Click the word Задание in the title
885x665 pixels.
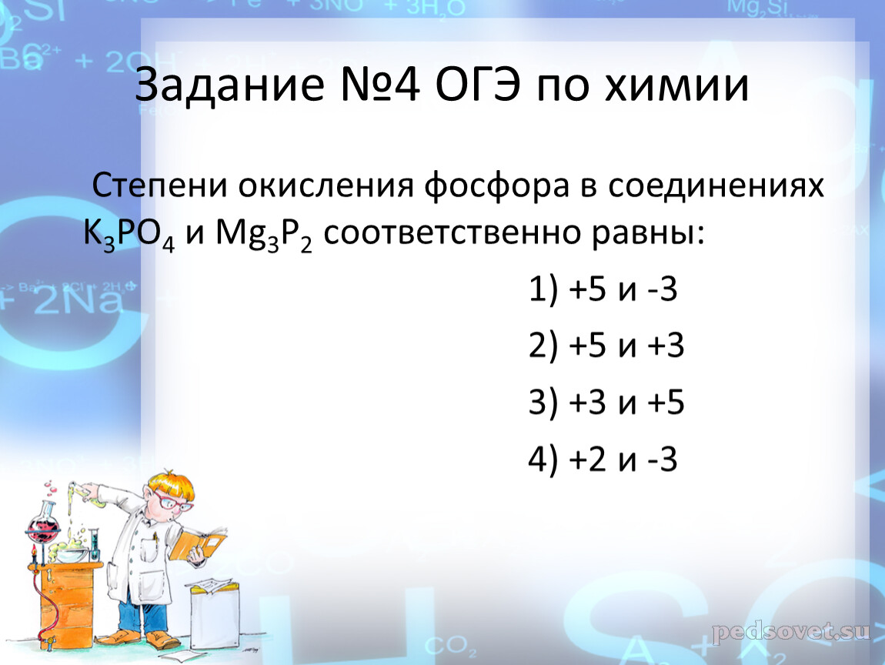pyautogui.click(x=230, y=85)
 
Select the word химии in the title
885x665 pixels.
pyautogui.click(x=676, y=85)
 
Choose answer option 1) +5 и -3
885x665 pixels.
pyautogui.click(x=603, y=289)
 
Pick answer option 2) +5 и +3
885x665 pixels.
pyautogui.click(x=606, y=346)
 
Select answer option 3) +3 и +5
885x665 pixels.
pyautogui.click(x=606, y=403)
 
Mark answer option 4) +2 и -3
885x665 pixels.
pyautogui.click(x=603, y=459)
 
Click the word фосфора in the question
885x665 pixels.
pyautogui.click(x=496, y=186)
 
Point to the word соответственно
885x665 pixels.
pyautogui.click(x=452, y=233)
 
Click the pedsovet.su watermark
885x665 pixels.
pyautogui.click(x=791, y=631)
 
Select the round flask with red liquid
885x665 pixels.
pyautogui.click(x=43, y=528)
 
